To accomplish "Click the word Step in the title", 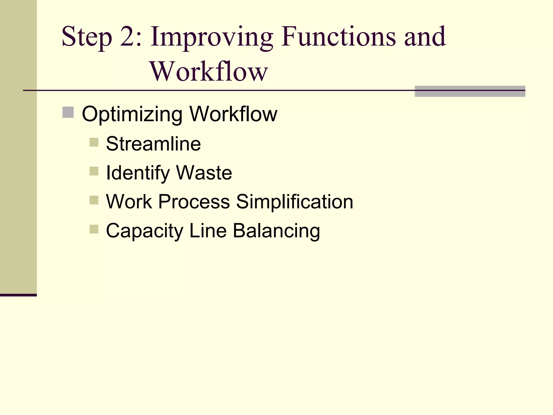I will click(x=86, y=37).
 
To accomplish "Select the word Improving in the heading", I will click(x=211, y=37).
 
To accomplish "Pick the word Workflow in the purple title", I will click(x=208, y=71).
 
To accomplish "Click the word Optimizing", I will click(x=132, y=114).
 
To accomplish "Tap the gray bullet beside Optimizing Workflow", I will click(x=68, y=112).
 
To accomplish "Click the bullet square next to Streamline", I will click(x=94, y=142).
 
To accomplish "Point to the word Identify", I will click(x=137, y=173).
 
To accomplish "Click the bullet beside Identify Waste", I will click(x=94, y=171).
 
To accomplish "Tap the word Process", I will click(x=194, y=202).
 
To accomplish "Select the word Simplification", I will click(x=295, y=202).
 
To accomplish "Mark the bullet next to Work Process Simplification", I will click(x=94, y=200).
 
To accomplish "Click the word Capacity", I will click(x=144, y=231).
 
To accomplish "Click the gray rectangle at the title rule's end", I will click(x=470, y=91).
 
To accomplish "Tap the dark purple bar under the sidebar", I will click(x=18, y=295).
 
